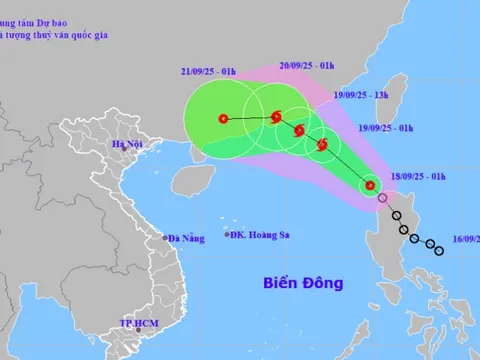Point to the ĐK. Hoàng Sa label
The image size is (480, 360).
260,237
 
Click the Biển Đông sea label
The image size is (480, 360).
301,283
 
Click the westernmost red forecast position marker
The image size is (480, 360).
222,119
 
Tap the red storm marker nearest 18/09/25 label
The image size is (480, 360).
370,185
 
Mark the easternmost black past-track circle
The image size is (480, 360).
440,250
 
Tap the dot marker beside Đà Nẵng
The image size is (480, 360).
166,238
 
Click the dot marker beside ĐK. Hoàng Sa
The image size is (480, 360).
225,236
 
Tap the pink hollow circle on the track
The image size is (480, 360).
382,199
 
